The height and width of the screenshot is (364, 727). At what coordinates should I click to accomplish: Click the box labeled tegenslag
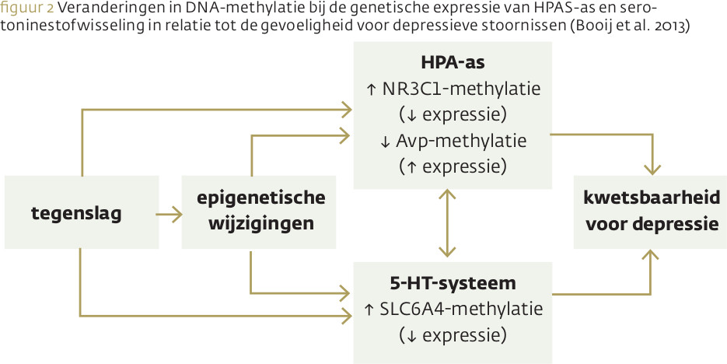click(x=81, y=212)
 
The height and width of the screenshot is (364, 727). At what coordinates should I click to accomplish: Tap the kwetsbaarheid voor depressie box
click(x=651, y=211)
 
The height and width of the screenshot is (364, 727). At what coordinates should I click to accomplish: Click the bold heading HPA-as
click(x=453, y=61)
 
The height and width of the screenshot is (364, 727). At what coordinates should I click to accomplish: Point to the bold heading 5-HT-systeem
click(x=453, y=282)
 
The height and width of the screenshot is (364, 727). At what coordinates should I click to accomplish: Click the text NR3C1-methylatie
click(x=461, y=88)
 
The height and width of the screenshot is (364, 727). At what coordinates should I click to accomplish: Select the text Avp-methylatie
click(x=461, y=141)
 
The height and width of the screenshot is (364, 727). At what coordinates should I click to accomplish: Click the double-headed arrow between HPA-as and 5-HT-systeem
click(x=447, y=225)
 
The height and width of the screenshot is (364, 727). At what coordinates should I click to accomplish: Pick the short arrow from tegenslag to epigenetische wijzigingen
click(x=169, y=212)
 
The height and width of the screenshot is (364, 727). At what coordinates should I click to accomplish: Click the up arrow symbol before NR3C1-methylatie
click(x=371, y=89)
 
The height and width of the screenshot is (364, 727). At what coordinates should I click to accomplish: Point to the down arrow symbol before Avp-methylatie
click(x=385, y=142)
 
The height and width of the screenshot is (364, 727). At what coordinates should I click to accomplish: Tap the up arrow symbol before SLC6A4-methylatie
click(x=369, y=310)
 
